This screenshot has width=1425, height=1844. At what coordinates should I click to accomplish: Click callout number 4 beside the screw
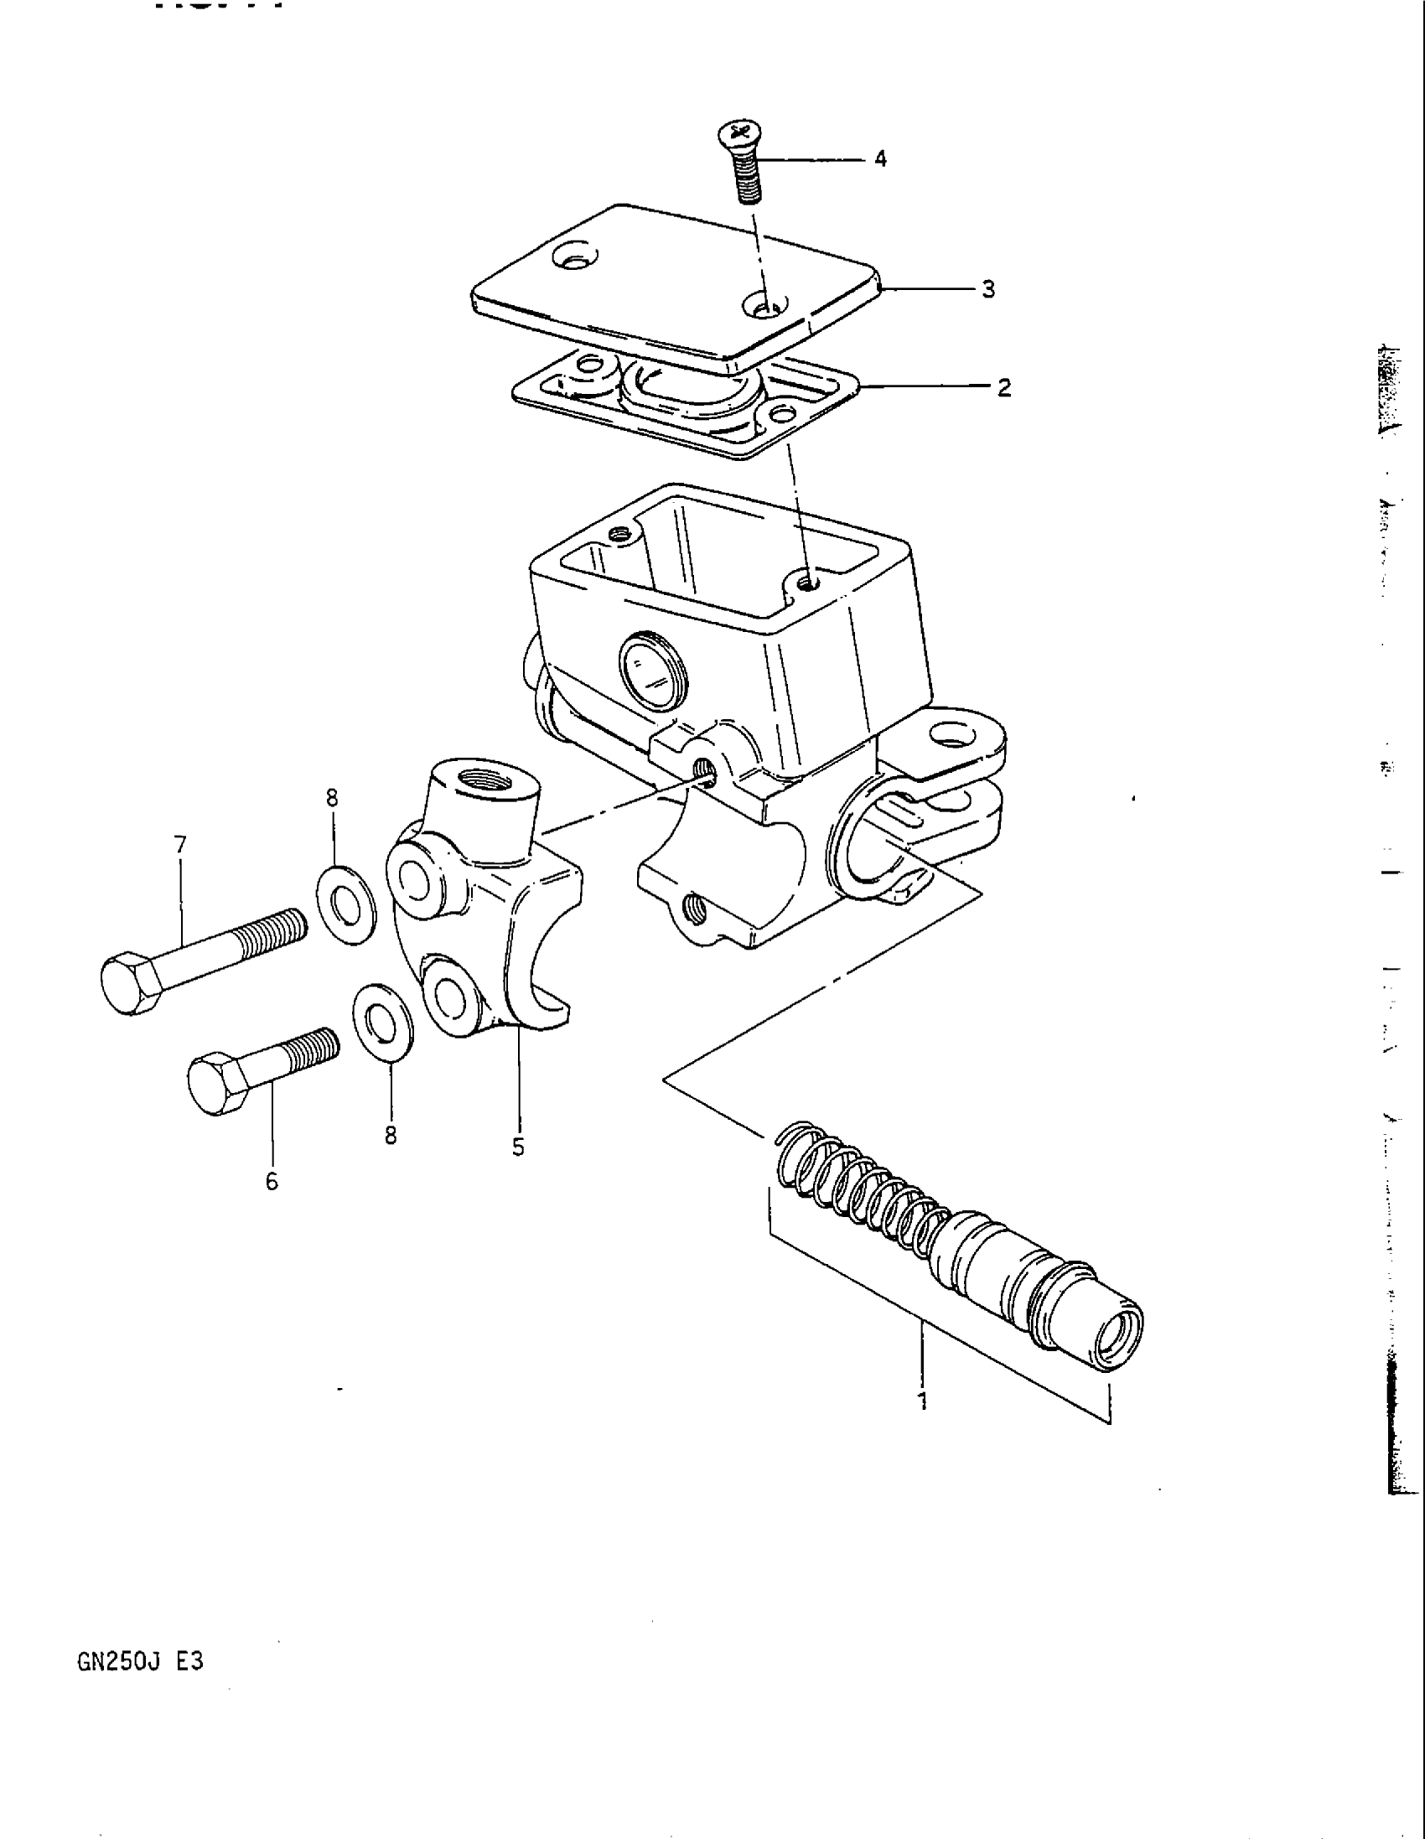pyautogui.click(x=880, y=158)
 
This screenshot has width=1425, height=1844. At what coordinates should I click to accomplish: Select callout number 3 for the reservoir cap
pyautogui.click(x=988, y=290)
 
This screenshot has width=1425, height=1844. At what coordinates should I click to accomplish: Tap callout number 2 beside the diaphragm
pyautogui.click(x=1003, y=388)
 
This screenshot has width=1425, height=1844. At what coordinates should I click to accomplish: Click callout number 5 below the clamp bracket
pyautogui.click(x=518, y=1147)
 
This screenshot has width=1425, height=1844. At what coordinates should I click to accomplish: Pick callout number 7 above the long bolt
pyautogui.click(x=181, y=844)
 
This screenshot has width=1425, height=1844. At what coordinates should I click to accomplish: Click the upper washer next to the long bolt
pyautogui.click(x=346, y=904)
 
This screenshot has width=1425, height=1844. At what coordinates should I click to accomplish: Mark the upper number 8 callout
pyautogui.click(x=332, y=797)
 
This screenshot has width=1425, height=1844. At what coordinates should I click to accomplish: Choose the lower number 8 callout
pyautogui.click(x=391, y=1136)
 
